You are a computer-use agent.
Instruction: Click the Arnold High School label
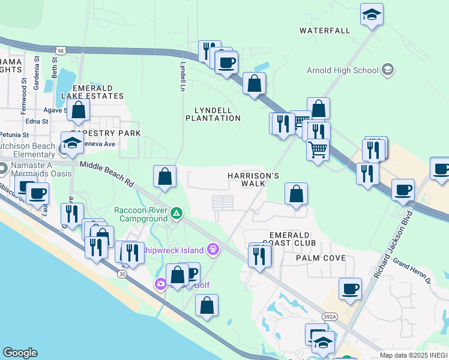pos(342,70)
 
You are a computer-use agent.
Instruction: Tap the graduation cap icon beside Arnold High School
pos(387,70)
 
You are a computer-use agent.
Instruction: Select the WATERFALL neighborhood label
pos(324,30)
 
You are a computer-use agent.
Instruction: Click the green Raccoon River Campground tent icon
pos(176,212)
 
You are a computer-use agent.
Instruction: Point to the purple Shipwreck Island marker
pos(212,248)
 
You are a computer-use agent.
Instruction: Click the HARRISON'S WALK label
pos(253,179)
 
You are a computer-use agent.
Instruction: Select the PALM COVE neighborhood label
pos(320,258)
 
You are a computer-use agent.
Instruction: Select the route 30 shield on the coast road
pos(122,274)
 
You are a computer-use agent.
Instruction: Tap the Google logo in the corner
pos(20,353)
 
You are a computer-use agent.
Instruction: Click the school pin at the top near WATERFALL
pos(372,14)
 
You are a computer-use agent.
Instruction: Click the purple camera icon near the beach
pos(160,284)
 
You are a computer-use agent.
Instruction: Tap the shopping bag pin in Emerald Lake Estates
pos(78,110)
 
